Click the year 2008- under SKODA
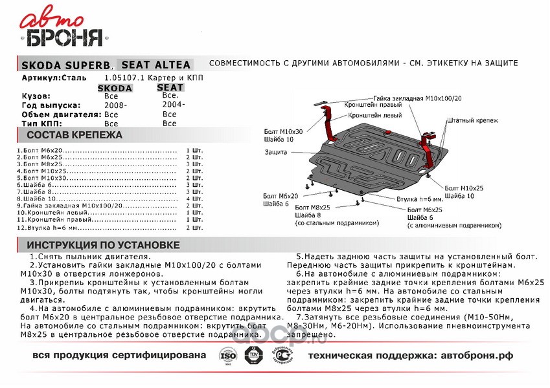115,105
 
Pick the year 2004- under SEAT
174,103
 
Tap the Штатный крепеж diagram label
472,121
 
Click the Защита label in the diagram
276,152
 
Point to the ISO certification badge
227,356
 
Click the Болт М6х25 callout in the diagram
424,211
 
